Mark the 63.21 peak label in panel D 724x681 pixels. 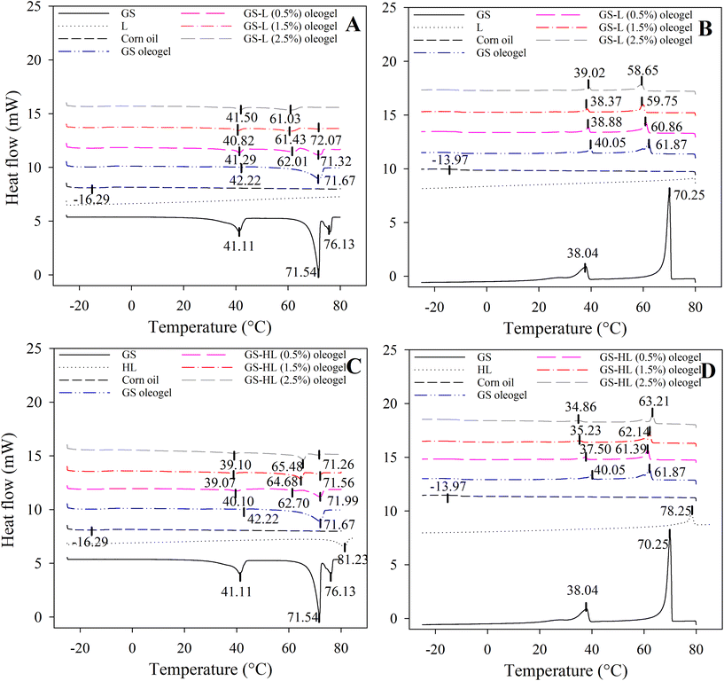click(652, 400)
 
